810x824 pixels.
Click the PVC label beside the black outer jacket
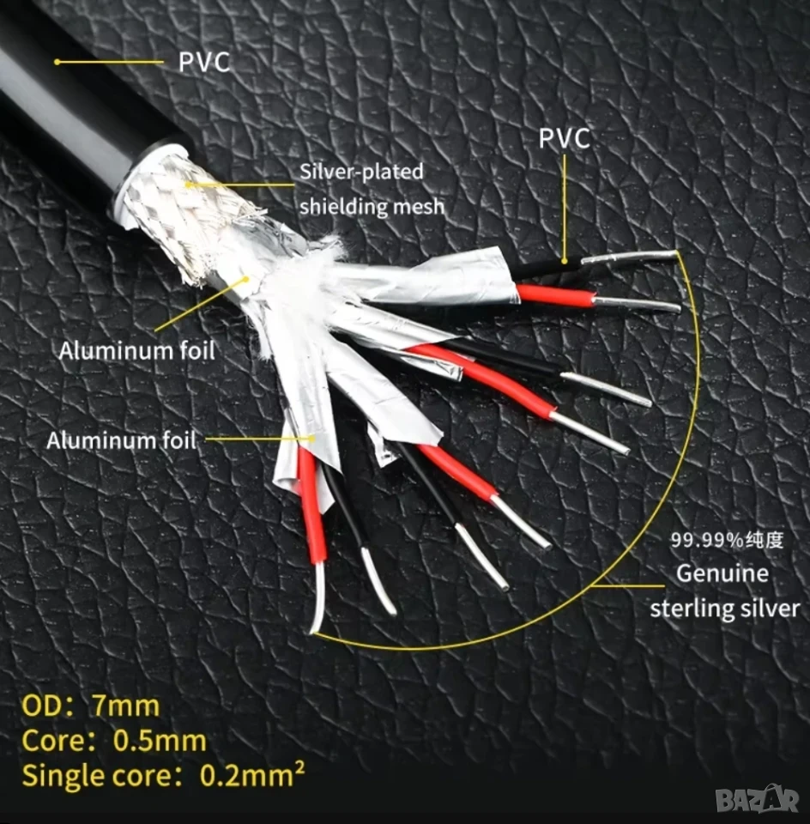204,62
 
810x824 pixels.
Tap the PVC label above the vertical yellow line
565,139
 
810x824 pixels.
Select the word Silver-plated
361,172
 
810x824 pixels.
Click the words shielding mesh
372,206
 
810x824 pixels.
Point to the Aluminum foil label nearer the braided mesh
137,351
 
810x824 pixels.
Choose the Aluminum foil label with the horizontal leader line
121,440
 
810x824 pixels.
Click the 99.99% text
705,540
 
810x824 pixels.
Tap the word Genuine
722,573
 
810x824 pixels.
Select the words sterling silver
725,608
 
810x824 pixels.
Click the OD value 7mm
126,706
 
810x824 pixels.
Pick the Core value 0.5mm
160,741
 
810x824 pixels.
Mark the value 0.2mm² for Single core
252,774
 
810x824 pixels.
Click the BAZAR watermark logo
757,800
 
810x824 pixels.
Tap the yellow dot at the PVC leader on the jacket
57,62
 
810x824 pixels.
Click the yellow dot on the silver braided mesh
188,185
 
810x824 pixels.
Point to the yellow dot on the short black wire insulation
564,261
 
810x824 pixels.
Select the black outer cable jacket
69,105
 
